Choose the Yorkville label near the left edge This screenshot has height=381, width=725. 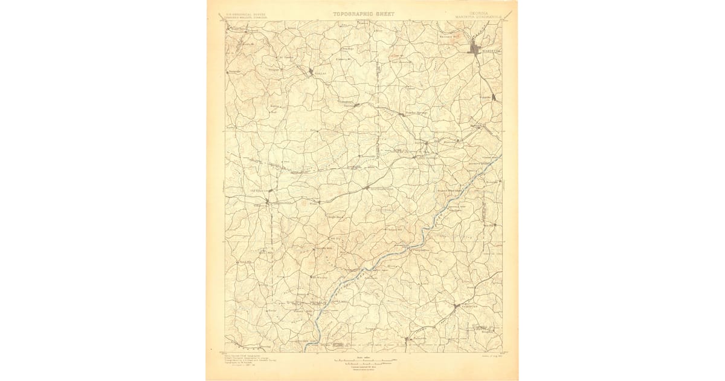(235, 71)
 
